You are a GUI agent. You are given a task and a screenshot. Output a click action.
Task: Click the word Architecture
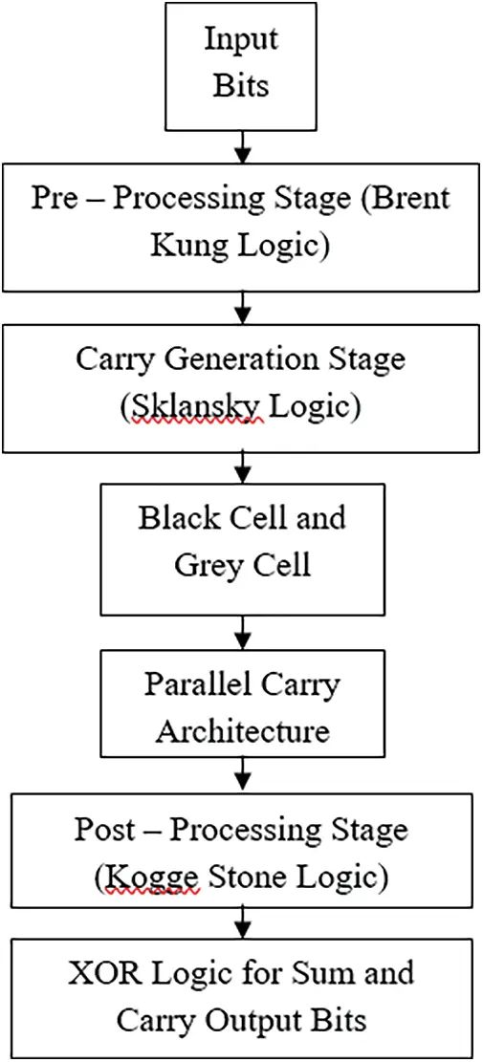242,730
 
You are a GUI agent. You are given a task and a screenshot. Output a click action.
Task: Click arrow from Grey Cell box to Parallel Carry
242,630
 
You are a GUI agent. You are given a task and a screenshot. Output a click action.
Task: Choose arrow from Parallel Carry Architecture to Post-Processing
242,776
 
